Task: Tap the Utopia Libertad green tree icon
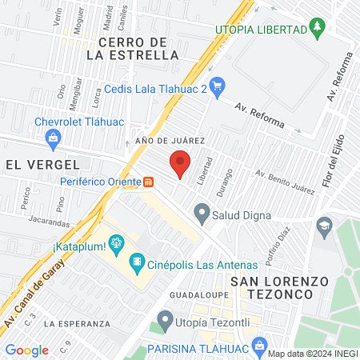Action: pos(318,30)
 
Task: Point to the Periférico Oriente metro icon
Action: pos(149,181)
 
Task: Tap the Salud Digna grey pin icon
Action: pos(202,214)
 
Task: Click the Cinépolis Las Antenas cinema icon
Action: pos(137,261)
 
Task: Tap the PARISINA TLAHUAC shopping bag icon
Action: pos(258,346)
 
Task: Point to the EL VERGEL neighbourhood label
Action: pos(42,164)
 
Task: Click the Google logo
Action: pos(26,350)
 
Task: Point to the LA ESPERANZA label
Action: pos(77,323)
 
